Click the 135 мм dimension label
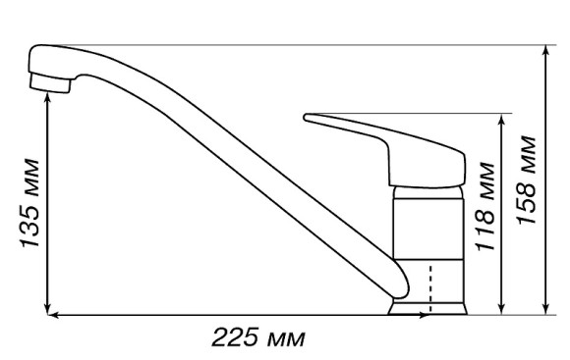(x=29, y=203)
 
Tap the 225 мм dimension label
(x=258, y=337)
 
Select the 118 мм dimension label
(x=485, y=207)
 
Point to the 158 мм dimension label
(x=527, y=180)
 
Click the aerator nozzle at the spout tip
(x=50, y=83)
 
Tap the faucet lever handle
(x=385, y=151)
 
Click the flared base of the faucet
(x=427, y=307)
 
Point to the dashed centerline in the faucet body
(x=430, y=288)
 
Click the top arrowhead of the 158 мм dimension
(x=545, y=50)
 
